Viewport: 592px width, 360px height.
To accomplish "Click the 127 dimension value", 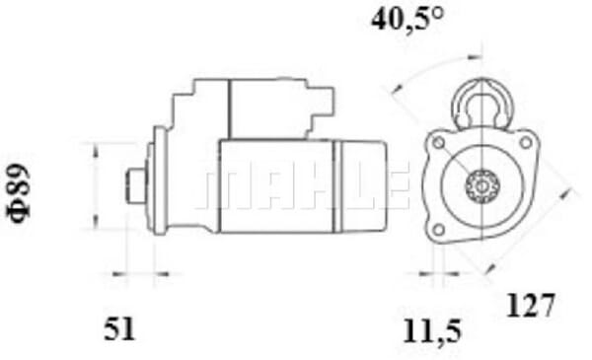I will [x=531, y=305].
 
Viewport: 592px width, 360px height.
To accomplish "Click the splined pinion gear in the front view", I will [x=481, y=184].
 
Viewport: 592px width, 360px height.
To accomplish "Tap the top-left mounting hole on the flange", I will [x=438, y=143].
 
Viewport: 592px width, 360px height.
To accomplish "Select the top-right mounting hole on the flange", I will [x=526, y=144].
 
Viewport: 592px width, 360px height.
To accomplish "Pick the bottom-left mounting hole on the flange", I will [x=435, y=232].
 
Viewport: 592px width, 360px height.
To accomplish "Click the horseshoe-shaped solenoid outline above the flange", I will [x=481, y=104].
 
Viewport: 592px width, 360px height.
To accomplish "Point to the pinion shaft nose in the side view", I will [x=135, y=183].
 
